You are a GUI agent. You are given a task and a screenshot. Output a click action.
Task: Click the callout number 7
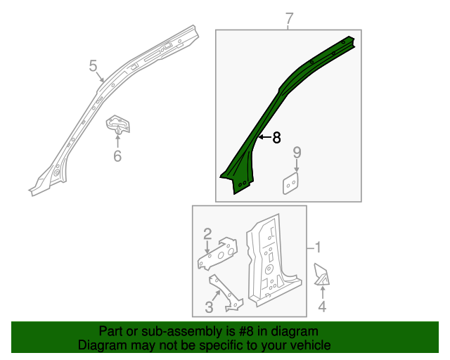[288, 18]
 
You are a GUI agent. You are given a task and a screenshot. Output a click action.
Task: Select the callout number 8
[276, 138]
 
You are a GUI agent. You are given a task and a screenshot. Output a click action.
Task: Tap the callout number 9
[297, 152]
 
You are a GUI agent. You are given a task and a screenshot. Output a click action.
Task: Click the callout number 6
[117, 155]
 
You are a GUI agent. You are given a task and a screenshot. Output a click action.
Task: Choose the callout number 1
[318, 247]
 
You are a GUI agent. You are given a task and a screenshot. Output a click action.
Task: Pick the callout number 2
[208, 233]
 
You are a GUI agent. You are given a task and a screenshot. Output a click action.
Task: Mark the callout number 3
[209, 307]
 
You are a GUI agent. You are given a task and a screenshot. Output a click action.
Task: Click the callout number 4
[322, 307]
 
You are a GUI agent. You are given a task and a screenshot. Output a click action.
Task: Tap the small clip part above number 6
[118, 126]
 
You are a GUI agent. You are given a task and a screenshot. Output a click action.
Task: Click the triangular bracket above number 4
[321, 276]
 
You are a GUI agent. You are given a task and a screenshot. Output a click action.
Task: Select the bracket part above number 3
[226, 294]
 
